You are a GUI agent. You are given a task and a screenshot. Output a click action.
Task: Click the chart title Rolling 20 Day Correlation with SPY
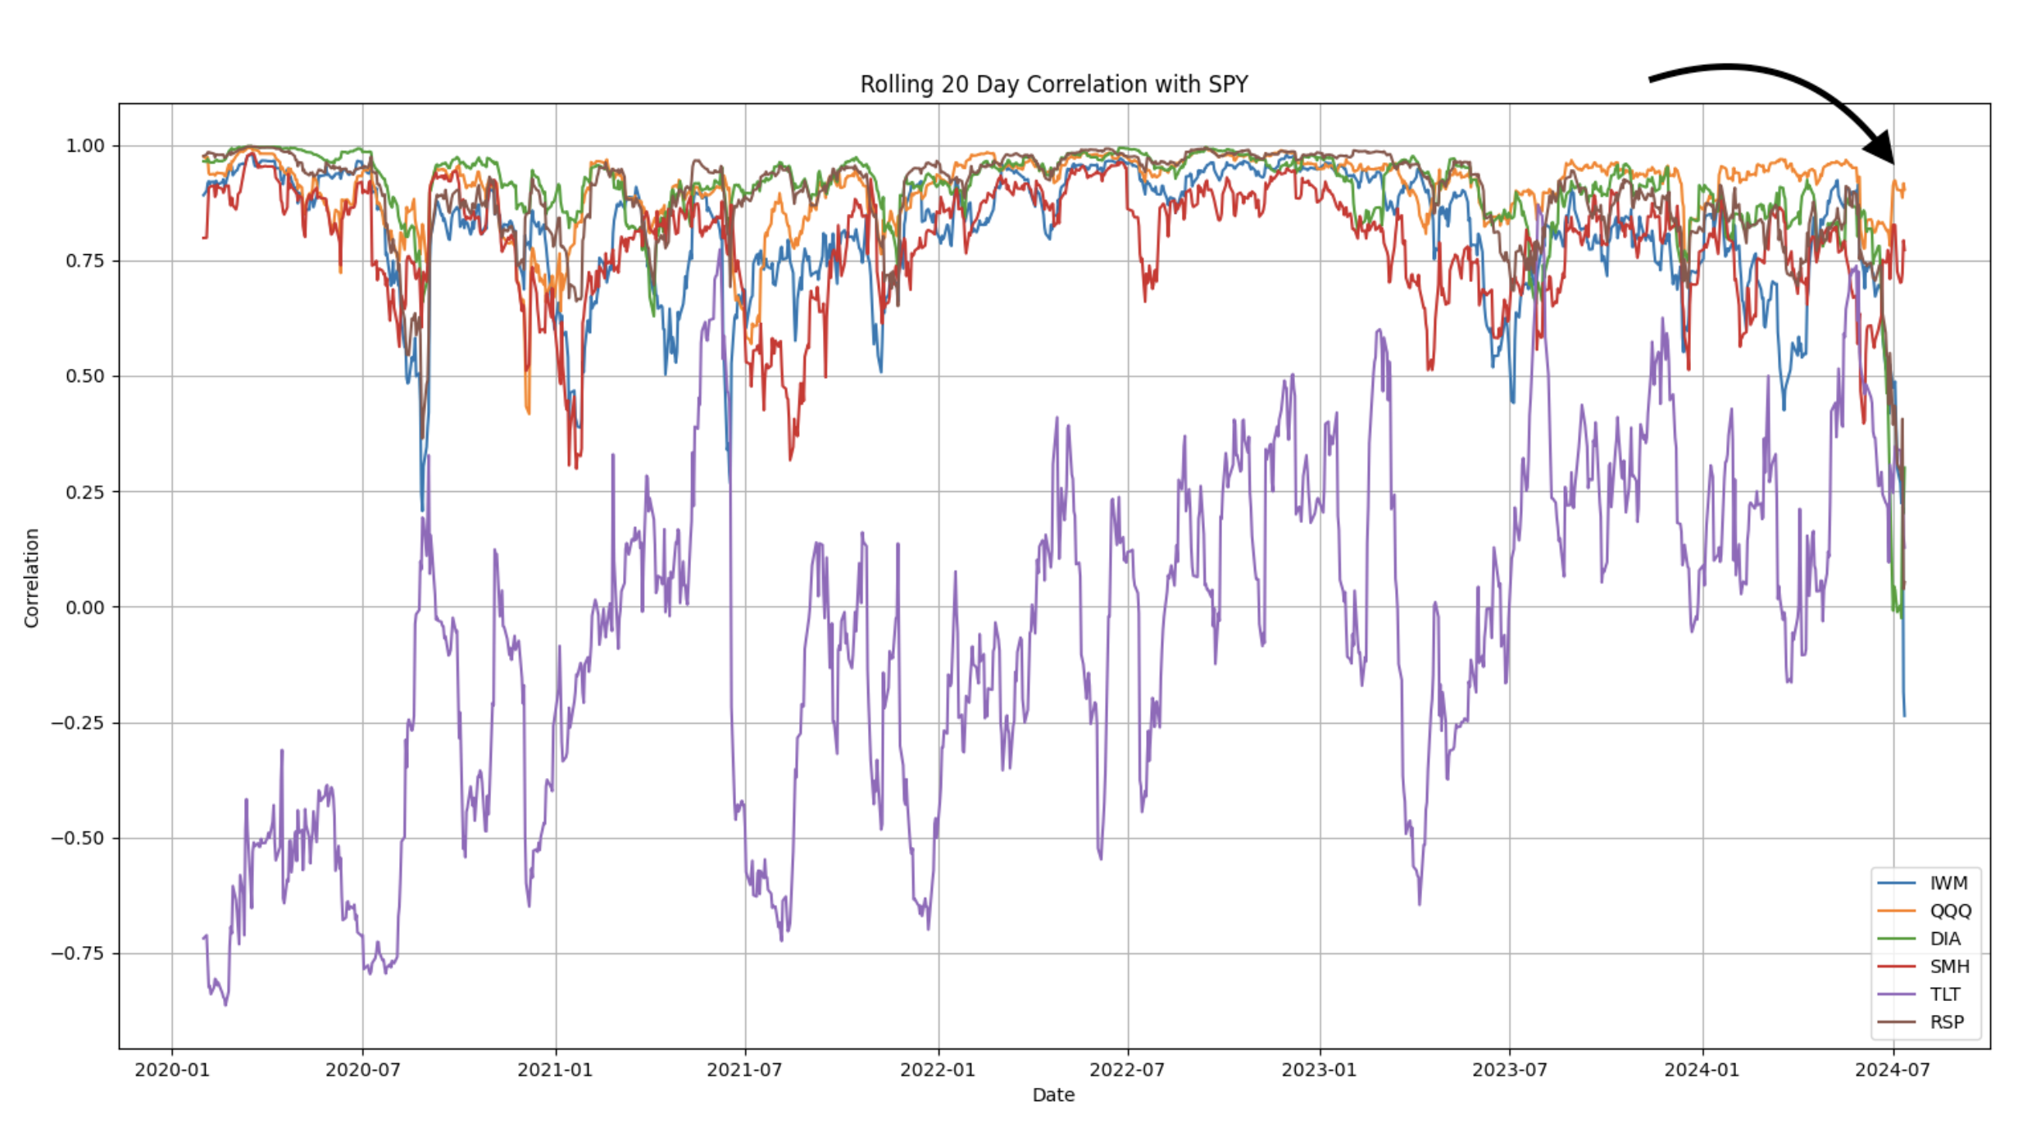(1053, 84)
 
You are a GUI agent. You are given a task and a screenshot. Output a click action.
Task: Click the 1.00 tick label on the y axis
(85, 146)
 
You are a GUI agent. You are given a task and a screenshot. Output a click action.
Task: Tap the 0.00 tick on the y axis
(85, 607)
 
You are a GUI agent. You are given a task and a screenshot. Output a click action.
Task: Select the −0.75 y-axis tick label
(78, 953)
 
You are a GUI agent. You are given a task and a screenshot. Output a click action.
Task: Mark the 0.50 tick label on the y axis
(85, 376)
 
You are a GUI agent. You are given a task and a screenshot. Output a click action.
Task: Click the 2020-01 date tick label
(172, 1070)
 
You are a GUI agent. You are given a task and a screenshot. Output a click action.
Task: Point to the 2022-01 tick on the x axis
(938, 1070)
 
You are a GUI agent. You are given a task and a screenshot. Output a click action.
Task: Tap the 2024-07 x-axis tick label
(1893, 1070)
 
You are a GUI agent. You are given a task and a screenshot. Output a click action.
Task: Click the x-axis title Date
(1053, 1095)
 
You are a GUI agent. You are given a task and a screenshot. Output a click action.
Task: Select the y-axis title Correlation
(32, 578)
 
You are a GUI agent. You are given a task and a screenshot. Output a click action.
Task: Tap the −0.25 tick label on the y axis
(78, 723)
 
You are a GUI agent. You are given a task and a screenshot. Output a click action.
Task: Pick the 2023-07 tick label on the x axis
(1510, 1070)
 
